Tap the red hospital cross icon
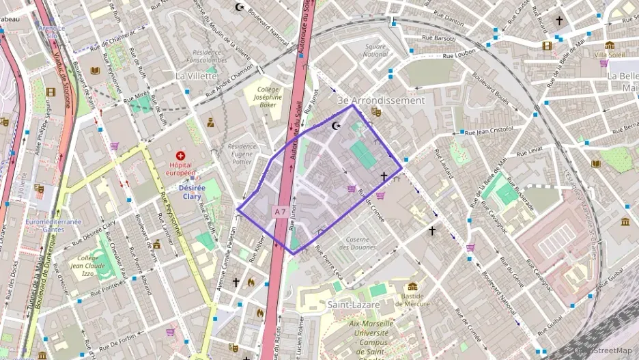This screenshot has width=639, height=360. [180, 156]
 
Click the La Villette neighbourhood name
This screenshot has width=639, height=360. [195, 75]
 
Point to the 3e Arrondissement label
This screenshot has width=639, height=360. [390, 100]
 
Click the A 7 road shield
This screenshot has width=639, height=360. [280, 212]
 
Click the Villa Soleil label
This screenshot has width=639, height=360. [610, 55]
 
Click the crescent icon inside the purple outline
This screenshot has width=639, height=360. [335, 126]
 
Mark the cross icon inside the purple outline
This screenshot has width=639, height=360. [384, 177]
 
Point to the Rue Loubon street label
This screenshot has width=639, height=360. [459, 55]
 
